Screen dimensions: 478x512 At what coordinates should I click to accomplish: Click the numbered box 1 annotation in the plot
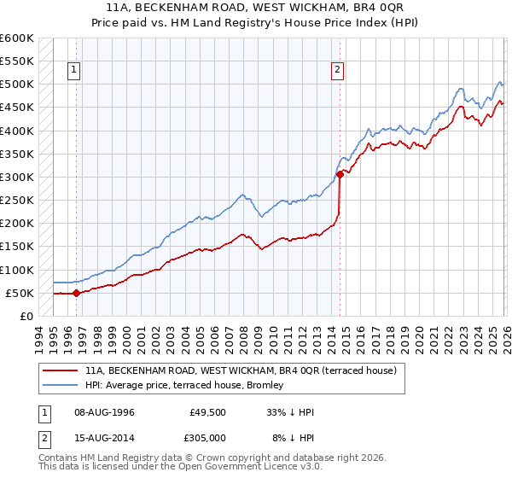(x=75, y=70)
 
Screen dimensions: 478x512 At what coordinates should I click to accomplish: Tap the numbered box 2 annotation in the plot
(x=338, y=70)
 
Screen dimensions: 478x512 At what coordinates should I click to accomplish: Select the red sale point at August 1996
(x=77, y=293)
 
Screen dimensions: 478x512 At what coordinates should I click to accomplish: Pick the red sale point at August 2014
(x=340, y=174)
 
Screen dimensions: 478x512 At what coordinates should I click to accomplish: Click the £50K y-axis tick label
(x=20, y=293)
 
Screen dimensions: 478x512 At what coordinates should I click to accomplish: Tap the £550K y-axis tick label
(x=17, y=61)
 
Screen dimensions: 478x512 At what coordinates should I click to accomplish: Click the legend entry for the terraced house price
(x=241, y=371)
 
